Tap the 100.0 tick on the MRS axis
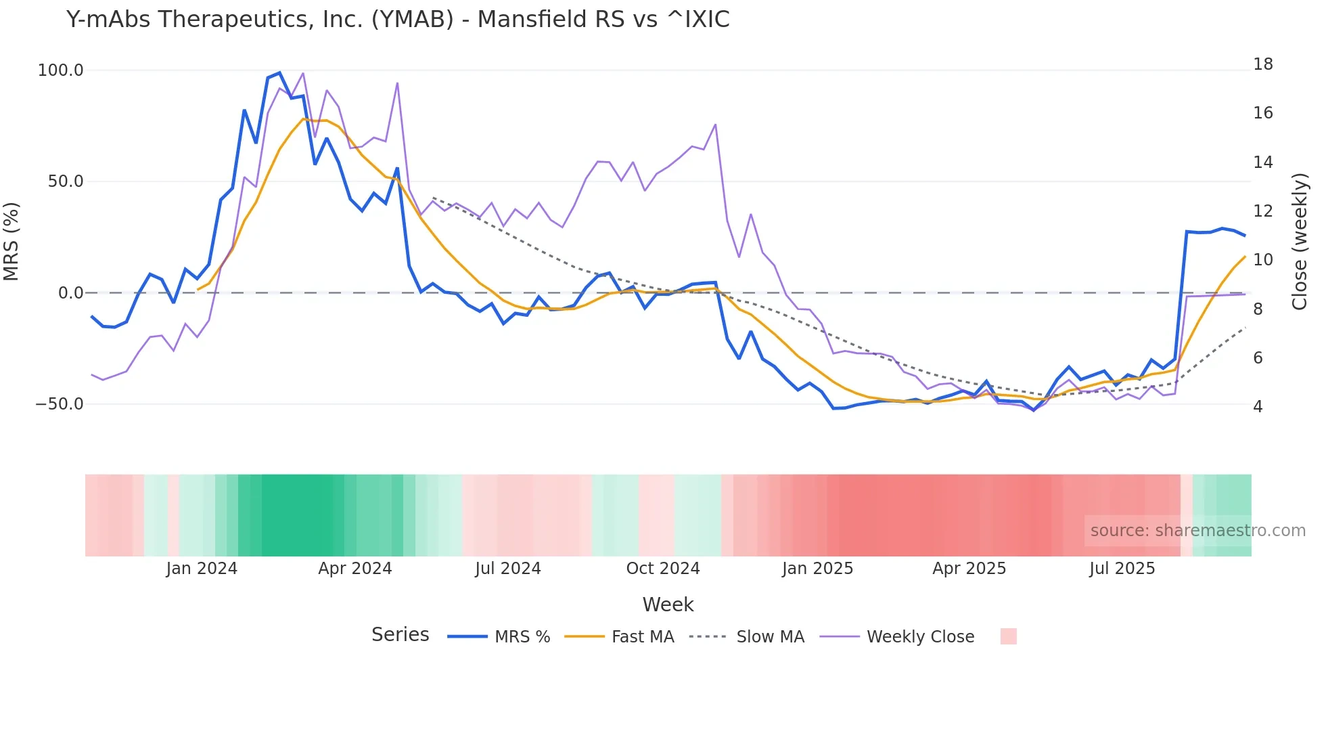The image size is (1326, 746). tap(60, 70)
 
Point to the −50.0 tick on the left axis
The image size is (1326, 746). tap(59, 404)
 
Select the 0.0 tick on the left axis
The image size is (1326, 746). tap(70, 293)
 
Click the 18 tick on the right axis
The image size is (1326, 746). tap(1262, 64)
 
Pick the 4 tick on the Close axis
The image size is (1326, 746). tap(1258, 407)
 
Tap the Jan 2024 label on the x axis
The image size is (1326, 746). tap(202, 569)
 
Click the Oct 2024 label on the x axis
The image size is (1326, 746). tap(662, 569)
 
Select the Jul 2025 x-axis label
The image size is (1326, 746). tap(1122, 569)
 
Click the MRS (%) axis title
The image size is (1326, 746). tap(12, 241)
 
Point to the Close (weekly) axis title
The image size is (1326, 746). tap(1300, 241)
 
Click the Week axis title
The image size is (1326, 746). tap(668, 605)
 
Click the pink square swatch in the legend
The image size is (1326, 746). tap(1008, 636)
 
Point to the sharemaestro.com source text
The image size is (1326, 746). tap(1197, 531)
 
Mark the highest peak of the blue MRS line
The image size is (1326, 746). tap(279, 73)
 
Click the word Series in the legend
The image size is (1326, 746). tap(400, 635)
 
